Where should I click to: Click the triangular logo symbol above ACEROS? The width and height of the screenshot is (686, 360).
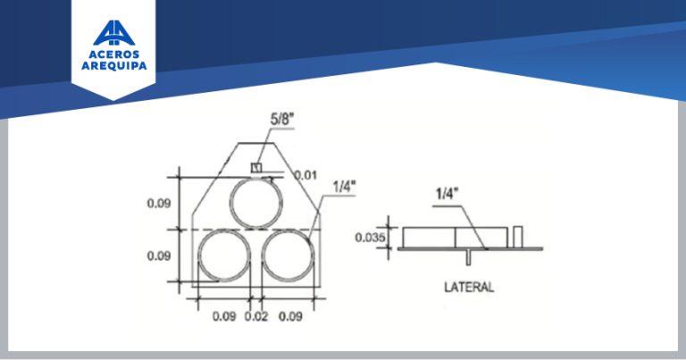[113, 33]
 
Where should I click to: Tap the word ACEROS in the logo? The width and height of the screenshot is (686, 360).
[113, 54]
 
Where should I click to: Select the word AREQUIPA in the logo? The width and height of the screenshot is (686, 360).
[113, 66]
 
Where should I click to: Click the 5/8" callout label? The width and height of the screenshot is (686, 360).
[280, 119]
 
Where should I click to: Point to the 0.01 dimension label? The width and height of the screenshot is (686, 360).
[305, 175]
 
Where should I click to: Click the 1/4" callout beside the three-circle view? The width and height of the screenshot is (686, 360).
[344, 187]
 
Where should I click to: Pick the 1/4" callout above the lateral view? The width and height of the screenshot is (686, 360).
[447, 193]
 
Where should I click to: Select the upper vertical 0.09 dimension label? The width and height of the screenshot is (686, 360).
[158, 204]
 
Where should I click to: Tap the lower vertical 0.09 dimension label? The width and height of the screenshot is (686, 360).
[158, 255]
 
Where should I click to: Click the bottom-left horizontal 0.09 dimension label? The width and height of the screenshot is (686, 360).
[224, 316]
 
